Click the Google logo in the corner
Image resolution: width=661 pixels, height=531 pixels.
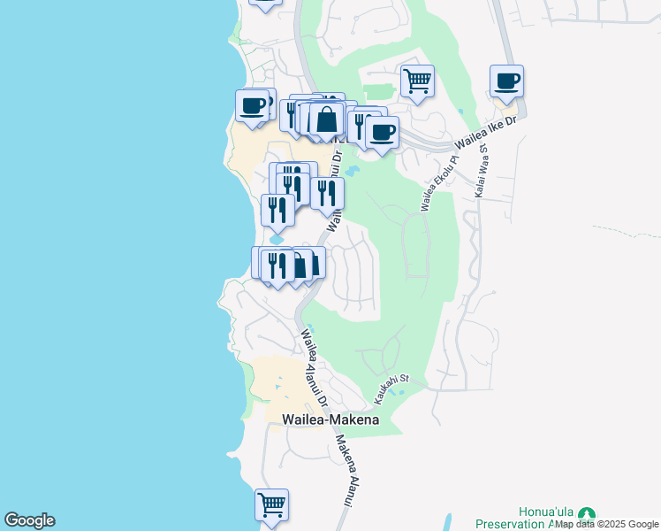click(29, 520)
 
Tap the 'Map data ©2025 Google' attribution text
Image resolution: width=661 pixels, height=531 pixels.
click(607, 525)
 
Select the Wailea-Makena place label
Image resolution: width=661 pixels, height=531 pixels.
click(330, 419)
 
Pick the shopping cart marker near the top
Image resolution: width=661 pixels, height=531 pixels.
click(417, 81)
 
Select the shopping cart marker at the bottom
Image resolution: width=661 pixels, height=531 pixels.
click(271, 505)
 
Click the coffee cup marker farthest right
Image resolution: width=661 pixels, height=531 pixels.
click(507, 82)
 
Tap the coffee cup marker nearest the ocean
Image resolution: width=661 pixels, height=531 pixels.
click(253, 106)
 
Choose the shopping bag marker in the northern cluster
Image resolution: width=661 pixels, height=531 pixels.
click(326, 119)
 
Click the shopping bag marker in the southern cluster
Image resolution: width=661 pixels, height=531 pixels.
click(300, 264)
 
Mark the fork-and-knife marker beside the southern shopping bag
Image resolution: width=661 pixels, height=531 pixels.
click(277, 265)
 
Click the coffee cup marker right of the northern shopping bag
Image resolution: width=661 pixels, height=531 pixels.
click(382, 133)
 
